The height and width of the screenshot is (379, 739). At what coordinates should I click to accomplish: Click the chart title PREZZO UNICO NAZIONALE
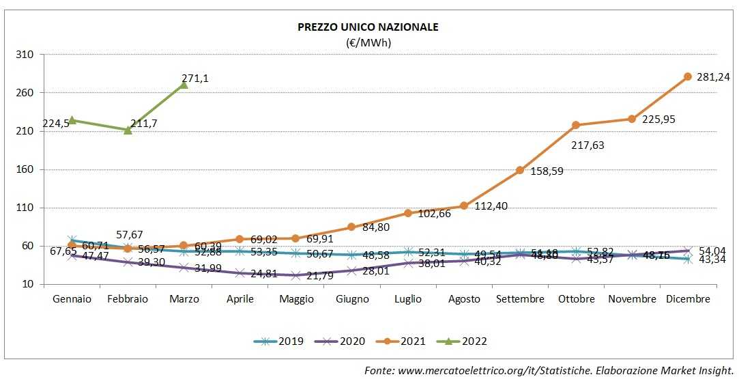click(x=368, y=27)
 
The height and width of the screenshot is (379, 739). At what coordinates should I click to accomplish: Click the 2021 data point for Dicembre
click(x=688, y=76)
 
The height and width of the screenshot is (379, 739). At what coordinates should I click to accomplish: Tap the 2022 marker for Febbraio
click(x=128, y=130)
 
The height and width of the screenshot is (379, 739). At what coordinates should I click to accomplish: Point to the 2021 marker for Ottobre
click(x=576, y=125)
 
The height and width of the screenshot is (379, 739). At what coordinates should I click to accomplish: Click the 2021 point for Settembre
click(x=520, y=170)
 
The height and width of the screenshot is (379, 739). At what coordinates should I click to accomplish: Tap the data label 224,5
click(x=57, y=124)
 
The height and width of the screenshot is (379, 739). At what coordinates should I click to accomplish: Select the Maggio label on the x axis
click(x=295, y=299)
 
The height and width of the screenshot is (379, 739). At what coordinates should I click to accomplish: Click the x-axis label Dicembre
click(x=688, y=299)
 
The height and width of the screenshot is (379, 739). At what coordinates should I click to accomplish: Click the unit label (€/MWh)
click(x=368, y=42)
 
